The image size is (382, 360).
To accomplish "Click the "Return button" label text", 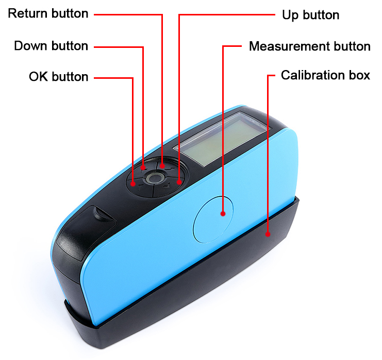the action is coord(48,14).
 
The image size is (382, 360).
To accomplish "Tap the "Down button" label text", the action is coord(51,46).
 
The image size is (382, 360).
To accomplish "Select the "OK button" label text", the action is coord(58,77).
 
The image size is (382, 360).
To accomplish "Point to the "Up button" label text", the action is coord(310,15).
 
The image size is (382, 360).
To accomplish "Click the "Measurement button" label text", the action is coord(309,46).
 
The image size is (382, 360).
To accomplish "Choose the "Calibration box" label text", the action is coord(325,75).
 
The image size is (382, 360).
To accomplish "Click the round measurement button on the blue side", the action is coord(213,219).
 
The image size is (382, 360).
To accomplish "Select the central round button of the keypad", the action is coord(153,178).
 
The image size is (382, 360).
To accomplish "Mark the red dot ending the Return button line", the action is coord(162,166).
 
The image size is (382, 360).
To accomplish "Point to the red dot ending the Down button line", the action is coord(143,167).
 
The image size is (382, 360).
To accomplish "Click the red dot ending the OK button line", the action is coord(133,183).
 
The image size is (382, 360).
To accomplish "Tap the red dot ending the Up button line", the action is coord(179,181).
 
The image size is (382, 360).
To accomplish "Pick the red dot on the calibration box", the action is coord(268,234).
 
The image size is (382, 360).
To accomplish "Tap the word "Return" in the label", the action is coord(27,14).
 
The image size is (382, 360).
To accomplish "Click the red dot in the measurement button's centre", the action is coord(223,213).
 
